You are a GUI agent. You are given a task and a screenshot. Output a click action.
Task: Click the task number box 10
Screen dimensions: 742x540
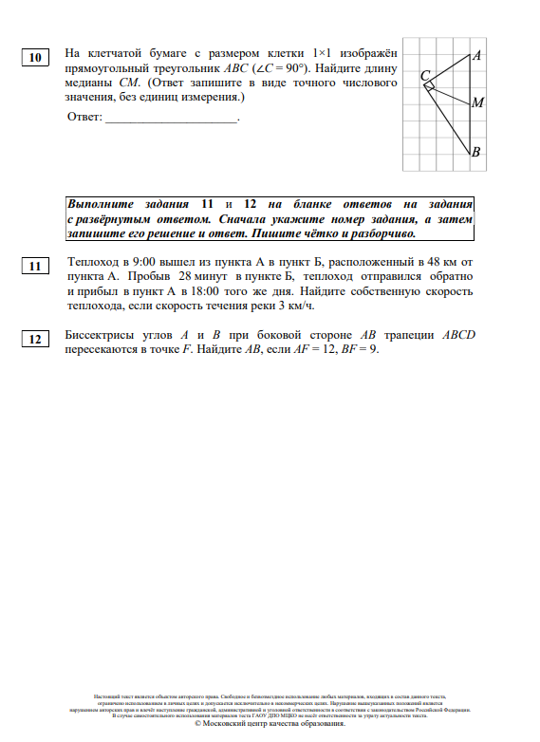[x=35, y=58]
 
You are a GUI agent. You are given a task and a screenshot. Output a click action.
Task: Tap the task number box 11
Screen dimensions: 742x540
[x=35, y=267]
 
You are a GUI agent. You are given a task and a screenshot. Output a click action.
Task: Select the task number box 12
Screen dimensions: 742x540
[x=35, y=339]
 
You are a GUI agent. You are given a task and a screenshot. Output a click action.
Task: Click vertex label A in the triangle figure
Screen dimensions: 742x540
[x=476, y=56]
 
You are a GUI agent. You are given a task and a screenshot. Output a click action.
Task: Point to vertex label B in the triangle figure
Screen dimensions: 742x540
[x=476, y=152]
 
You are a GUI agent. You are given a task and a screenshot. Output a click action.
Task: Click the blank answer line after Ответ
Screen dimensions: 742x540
[x=171, y=120]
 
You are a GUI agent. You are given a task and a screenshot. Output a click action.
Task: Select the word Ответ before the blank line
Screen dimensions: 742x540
[x=84, y=117]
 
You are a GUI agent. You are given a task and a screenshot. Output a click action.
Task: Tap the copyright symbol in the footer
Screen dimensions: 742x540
[x=198, y=724]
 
